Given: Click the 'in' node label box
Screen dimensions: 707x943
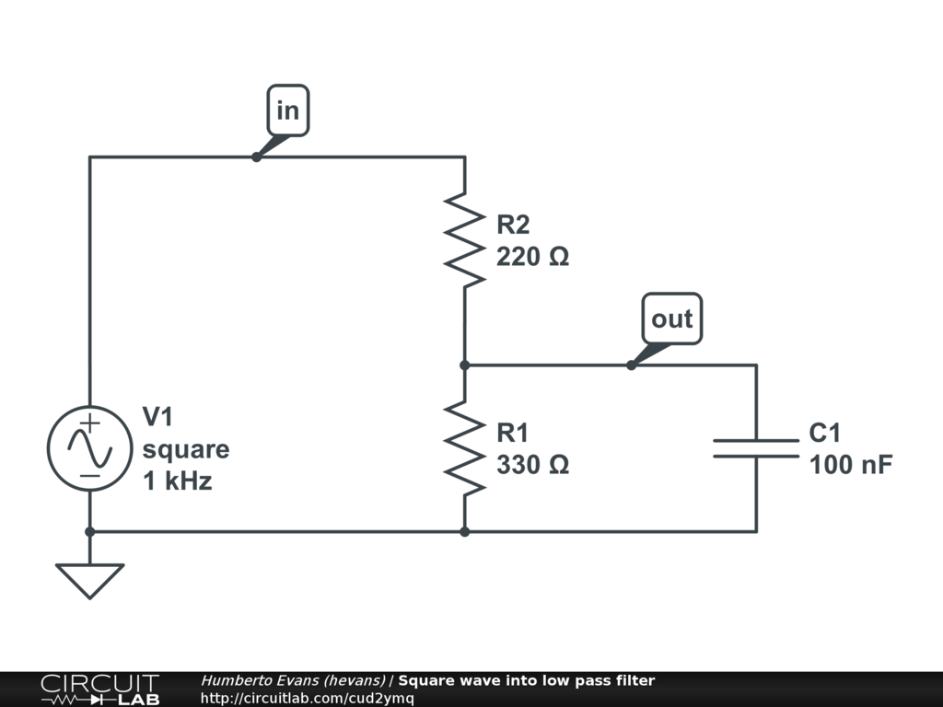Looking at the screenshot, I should click(288, 110).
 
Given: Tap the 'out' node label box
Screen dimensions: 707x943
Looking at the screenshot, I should click(671, 319).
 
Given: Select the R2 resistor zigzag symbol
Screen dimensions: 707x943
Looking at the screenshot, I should click(464, 239).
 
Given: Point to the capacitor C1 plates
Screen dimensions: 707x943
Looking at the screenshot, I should click(756, 447).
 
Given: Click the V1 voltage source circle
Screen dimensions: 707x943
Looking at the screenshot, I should click(89, 448).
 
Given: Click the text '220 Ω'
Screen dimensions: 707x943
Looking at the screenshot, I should click(532, 257).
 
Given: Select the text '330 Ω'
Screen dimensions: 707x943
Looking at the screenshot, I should click(532, 465).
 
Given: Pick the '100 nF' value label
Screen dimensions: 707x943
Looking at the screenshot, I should click(850, 465).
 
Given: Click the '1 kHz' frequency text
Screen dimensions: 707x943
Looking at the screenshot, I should click(177, 481).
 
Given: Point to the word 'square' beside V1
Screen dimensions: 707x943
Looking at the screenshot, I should click(185, 449).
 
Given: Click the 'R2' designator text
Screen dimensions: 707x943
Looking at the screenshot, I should click(514, 225).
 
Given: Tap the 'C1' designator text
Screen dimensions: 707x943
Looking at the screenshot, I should click(825, 433).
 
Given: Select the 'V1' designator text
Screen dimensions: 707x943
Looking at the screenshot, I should click(157, 418).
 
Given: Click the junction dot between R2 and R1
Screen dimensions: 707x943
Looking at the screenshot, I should click(464, 365).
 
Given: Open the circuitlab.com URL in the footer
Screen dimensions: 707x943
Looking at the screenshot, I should click(307, 698).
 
